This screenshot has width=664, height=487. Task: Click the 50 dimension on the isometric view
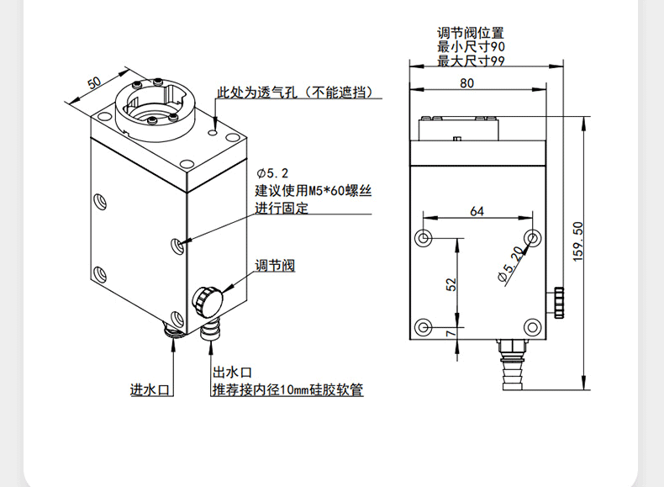coord(94,82)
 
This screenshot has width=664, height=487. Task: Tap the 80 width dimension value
coord(467,82)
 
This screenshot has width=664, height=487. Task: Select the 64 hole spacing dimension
coord(477,211)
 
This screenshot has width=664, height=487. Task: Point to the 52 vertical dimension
coord(451,285)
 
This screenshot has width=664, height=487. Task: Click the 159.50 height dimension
coord(577,241)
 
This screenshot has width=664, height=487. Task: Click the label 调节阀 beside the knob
coord(275,266)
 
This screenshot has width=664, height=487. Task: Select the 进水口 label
coord(150,390)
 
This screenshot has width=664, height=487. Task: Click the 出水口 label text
coord(232,373)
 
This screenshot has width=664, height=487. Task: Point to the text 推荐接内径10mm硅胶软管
coord(287,390)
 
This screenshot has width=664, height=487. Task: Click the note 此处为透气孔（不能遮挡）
coord(295,93)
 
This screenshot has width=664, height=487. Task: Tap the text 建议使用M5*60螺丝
coord(314,191)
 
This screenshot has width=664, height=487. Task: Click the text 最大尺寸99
coord(470,61)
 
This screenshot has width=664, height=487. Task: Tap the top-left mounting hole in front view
coord(424,235)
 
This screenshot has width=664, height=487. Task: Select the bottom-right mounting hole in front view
coord(531,327)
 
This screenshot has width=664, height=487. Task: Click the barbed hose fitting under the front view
coord(511,363)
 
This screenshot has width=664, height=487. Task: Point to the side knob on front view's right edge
coord(557,302)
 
